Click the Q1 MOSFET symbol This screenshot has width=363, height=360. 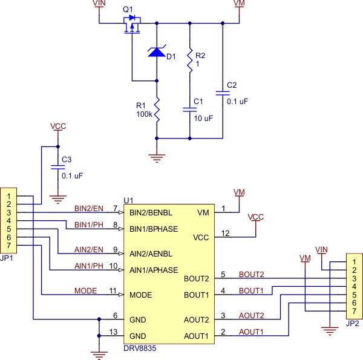click(132, 25)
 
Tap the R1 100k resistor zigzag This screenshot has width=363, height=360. click(157, 110)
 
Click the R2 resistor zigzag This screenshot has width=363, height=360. click(190, 60)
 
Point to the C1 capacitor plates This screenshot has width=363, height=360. click(190, 110)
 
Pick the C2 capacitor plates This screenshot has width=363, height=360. click(223, 93)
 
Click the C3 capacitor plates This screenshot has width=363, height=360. click(58, 167)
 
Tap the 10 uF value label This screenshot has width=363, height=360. click(203, 119)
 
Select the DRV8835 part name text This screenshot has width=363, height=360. click(140, 348)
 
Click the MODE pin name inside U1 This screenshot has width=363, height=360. click(141, 295)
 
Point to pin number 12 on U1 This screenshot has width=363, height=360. click(225, 233)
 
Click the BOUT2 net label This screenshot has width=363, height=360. click(252, 274)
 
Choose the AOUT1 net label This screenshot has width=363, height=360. click(251, 332)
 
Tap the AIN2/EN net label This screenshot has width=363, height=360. click(89, 249)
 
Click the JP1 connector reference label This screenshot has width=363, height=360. click(7, 258)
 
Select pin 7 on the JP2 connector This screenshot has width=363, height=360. click(354, 311)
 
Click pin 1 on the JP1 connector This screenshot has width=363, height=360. click(9, 196)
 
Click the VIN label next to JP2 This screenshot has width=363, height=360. click(321, 249)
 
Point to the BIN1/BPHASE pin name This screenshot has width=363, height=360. click(154, 229)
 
